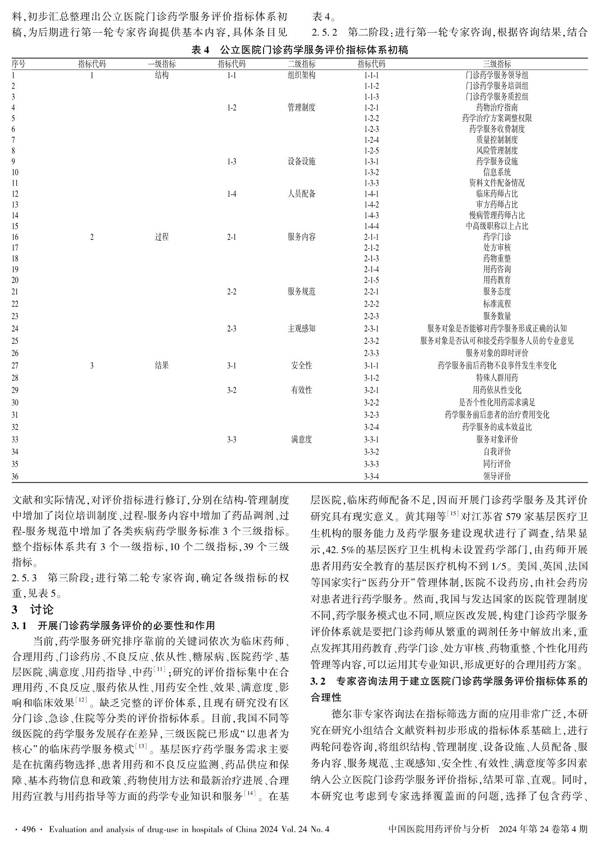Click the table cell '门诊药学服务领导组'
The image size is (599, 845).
click(x=497, y=75)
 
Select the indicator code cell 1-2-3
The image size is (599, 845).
click(x=371, y=129)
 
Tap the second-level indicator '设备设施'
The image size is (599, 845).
click(x=301, y=161)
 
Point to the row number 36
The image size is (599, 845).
click(x=15, y=476)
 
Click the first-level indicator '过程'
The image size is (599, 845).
click(x=162, y=237)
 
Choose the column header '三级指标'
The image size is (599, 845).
click(x=497, y=64)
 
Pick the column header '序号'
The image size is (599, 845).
click(x=18, y=64)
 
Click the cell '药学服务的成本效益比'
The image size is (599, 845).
click(x=497, y=427)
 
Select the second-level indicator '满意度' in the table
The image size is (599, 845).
click(x=301, y=439)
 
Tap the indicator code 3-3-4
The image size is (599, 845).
click(x=371, y=476)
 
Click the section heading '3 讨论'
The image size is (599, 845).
click(x=33, y=609)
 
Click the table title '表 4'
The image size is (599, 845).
click(x=201, y=50)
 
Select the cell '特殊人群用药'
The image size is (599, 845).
click(x=497, y=378)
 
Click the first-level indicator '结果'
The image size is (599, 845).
click(x=162, y=365)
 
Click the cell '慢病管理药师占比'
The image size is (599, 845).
click(x=497, y=215)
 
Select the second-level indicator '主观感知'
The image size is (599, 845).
click(x=301, y=328)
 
